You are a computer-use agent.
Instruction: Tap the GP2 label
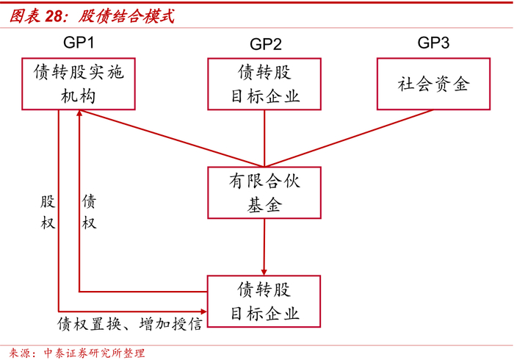coord(265,44)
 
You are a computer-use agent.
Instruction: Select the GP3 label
coord(433,43)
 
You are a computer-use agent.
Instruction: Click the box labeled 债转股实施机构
coord(79,84)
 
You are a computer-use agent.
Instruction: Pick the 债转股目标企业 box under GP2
coord(264,84)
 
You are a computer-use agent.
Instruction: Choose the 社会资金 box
coord(432,84)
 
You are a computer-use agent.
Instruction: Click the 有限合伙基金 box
coord(264,192)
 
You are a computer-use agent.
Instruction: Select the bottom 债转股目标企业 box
coord(264,300)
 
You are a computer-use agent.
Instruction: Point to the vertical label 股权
coord(48,212)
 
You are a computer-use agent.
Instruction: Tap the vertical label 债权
coord(89,212)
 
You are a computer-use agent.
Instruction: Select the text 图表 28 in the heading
coord(37,15)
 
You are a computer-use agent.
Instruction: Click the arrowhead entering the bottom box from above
coord(264,270)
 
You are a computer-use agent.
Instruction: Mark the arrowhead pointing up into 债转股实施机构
coord(80,116)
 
